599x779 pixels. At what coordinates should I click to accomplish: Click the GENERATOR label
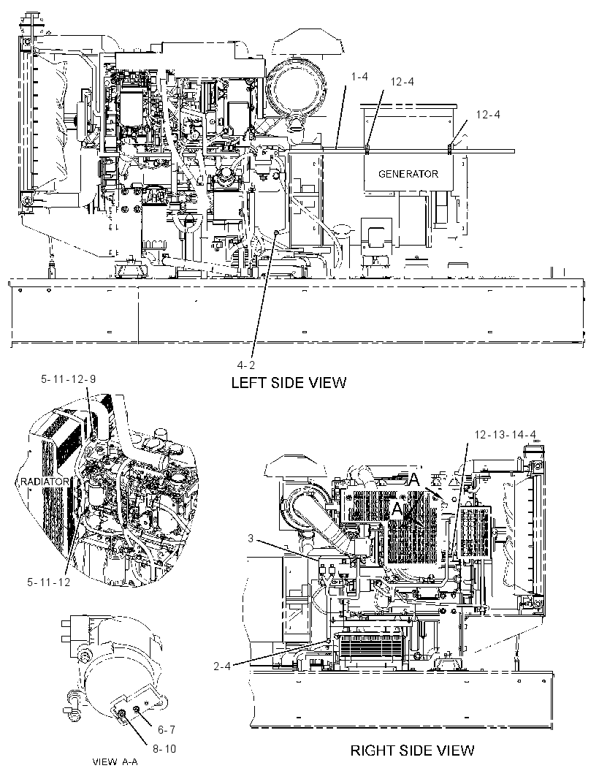[408, 174]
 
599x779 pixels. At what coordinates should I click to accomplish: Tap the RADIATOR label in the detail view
[45, 482]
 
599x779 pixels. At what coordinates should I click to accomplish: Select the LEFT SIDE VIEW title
[289, 382]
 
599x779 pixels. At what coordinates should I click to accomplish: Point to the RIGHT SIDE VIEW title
[412, 750]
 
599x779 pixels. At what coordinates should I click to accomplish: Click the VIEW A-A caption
[115, 761]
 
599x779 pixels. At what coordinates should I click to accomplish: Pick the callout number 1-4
[359, 77]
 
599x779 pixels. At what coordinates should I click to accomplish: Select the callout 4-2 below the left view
[245, 365]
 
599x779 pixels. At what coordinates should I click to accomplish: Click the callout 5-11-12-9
[68, 379]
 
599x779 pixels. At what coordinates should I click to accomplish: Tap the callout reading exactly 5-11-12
[49, 582]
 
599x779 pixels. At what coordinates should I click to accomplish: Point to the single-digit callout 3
[251, 539]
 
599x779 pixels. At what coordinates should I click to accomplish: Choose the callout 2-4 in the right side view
[222, 666]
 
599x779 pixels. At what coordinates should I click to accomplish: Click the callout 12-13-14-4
[505, 435]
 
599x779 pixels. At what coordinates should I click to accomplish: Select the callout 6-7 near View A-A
[167, 730]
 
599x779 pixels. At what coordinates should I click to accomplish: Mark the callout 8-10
[164, 749]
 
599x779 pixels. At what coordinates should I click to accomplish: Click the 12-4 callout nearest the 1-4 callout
[402, 82]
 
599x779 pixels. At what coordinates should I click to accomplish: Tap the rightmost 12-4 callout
[488, 115]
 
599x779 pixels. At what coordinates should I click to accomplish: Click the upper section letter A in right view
[414, 480]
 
